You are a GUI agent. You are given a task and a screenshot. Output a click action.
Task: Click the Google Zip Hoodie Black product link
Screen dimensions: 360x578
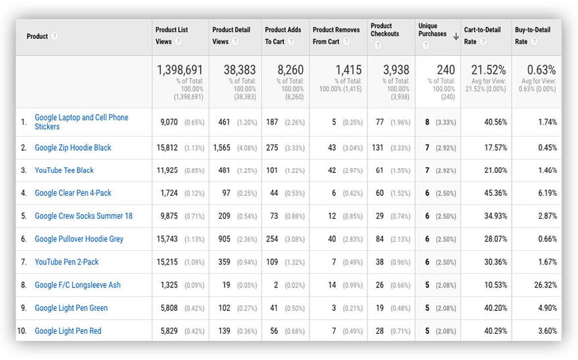tap(73, 147)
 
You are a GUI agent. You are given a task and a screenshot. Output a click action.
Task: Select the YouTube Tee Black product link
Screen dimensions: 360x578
tap(64, 170)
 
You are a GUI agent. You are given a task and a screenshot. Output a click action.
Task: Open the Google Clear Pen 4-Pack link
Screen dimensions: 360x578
tap(73, 193)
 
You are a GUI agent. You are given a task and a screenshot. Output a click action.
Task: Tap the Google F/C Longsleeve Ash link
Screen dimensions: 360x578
tap(77, 285)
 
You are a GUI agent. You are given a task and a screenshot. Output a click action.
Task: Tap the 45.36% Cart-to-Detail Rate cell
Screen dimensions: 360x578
tap(495, 193)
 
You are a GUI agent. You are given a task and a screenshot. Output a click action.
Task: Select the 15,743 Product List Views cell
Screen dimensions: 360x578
tap(168, 239)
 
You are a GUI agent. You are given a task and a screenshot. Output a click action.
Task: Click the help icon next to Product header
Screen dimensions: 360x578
tap(54, 36)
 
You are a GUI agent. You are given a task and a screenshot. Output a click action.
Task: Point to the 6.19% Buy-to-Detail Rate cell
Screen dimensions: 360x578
tap(546, 193)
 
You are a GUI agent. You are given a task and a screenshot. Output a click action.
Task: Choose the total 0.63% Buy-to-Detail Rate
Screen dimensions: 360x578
tap(542, 70)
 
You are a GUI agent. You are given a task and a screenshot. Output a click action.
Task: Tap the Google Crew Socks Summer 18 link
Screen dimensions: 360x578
tap(83, 216)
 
